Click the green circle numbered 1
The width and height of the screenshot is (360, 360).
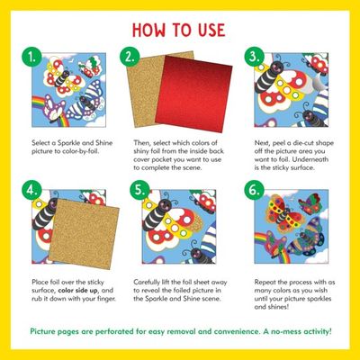coord(31,57)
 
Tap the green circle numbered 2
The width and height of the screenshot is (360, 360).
coord(130,57)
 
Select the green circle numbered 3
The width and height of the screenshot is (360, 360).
coord(255,57)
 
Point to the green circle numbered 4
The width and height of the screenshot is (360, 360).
coord(31,190)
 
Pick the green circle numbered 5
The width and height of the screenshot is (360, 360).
coord(139,190)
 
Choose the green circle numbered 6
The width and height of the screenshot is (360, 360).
coord(255,190)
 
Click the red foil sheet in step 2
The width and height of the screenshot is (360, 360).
coord(194,94)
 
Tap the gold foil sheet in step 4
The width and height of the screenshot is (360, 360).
coord(84,233)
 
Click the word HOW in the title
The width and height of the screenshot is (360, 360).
coord(148,30)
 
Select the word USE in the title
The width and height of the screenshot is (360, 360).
coord(211,30)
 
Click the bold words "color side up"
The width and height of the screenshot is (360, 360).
coord(77,291)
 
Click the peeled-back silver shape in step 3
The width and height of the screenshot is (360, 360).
coord(319,82)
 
